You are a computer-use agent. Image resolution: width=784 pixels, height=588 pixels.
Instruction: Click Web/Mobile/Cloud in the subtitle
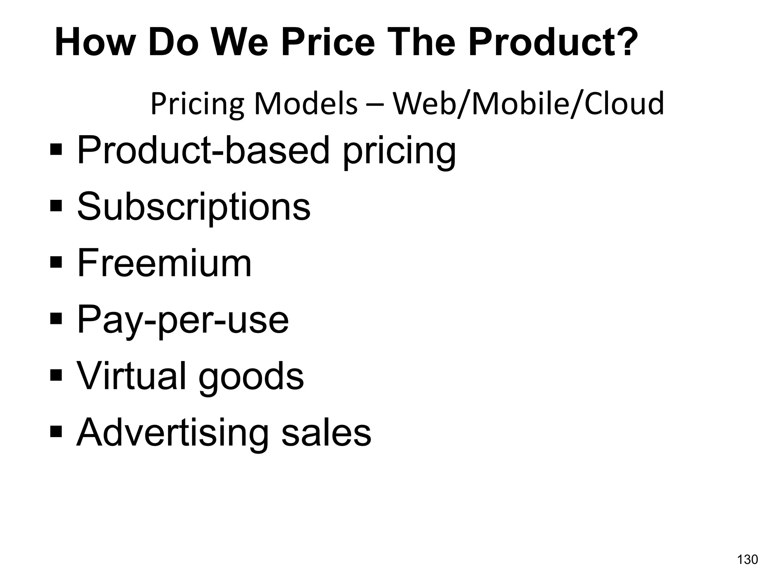[528, 104]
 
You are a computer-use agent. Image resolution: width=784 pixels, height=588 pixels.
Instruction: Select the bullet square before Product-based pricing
[56, 149]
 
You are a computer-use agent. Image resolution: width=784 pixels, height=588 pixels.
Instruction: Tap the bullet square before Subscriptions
[56, 206]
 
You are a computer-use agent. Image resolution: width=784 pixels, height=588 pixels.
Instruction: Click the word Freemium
[165, 263]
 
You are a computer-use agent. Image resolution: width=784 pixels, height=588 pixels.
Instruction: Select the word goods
[251, 377]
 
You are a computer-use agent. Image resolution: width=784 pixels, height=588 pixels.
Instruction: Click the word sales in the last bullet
[326, 433]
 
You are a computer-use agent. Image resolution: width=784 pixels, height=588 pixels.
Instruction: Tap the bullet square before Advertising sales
[56, 431]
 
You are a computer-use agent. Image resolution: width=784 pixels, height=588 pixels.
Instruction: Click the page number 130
[747, 560]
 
